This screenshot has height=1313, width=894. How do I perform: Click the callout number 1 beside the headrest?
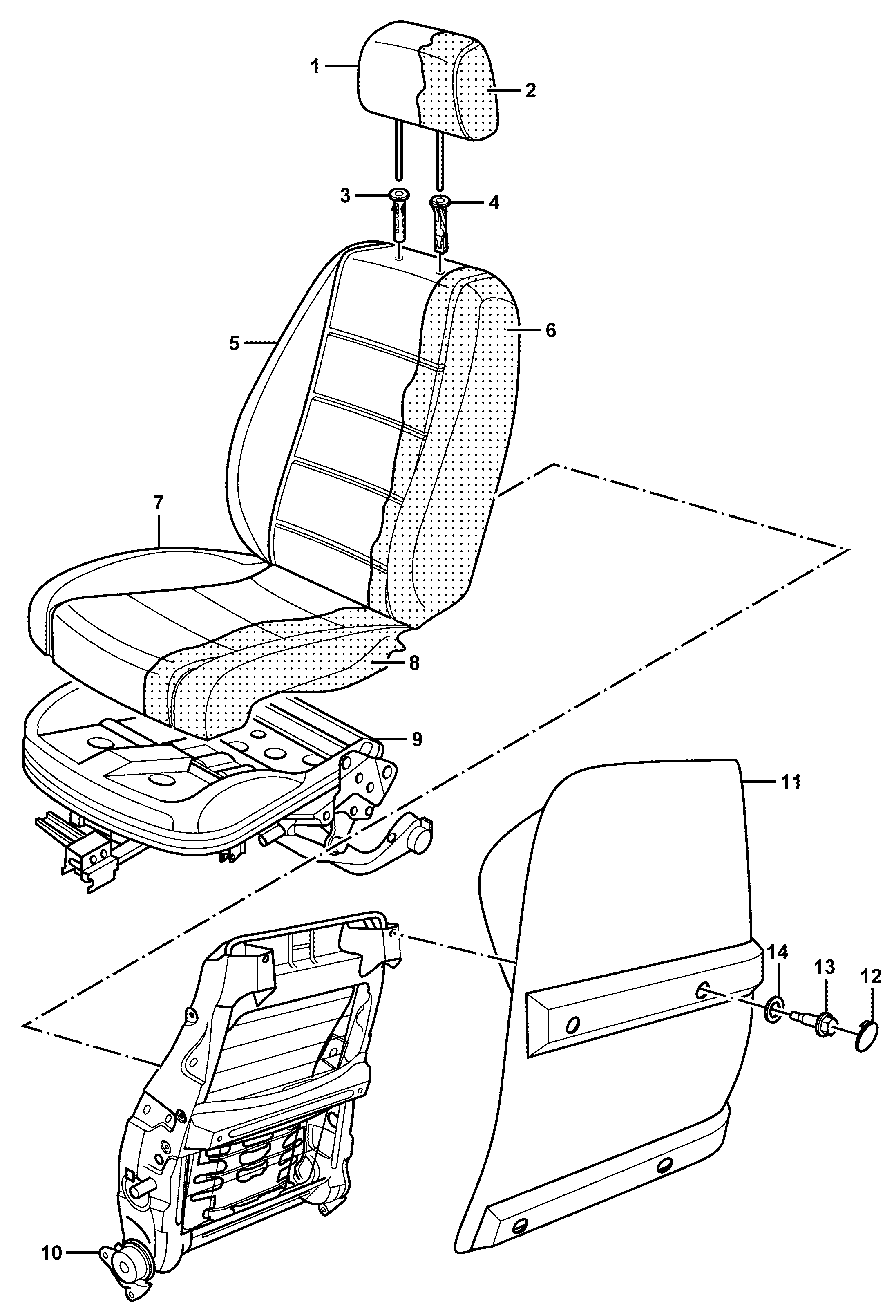[315, 67]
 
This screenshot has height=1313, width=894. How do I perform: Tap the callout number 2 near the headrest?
[530, 90]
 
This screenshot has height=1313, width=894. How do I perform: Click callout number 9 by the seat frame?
[417, 739]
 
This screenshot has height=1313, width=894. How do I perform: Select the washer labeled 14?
[776, 1008]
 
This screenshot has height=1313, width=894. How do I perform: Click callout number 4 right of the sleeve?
[494, 203]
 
